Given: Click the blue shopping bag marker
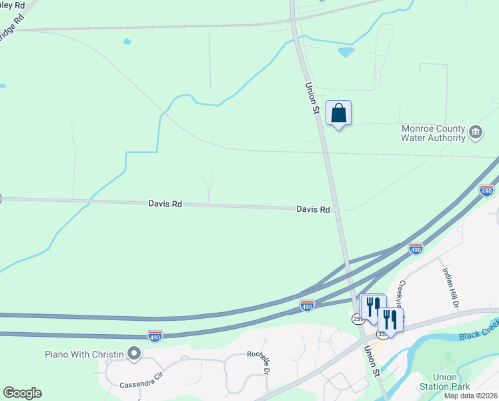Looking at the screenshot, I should coord(339,114).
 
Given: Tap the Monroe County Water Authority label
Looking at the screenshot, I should coord(433,133).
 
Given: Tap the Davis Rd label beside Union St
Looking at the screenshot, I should coord(313,209).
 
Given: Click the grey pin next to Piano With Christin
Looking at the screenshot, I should coord(134,352).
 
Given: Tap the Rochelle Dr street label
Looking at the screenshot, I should coord(259,362).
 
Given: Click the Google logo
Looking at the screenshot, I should coord(22,393).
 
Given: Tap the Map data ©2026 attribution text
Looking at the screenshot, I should coord(470,396).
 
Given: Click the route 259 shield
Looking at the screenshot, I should coord(358,319).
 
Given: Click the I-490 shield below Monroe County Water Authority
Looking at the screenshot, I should coord(487,190).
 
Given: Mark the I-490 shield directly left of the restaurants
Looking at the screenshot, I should coord(307,305).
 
